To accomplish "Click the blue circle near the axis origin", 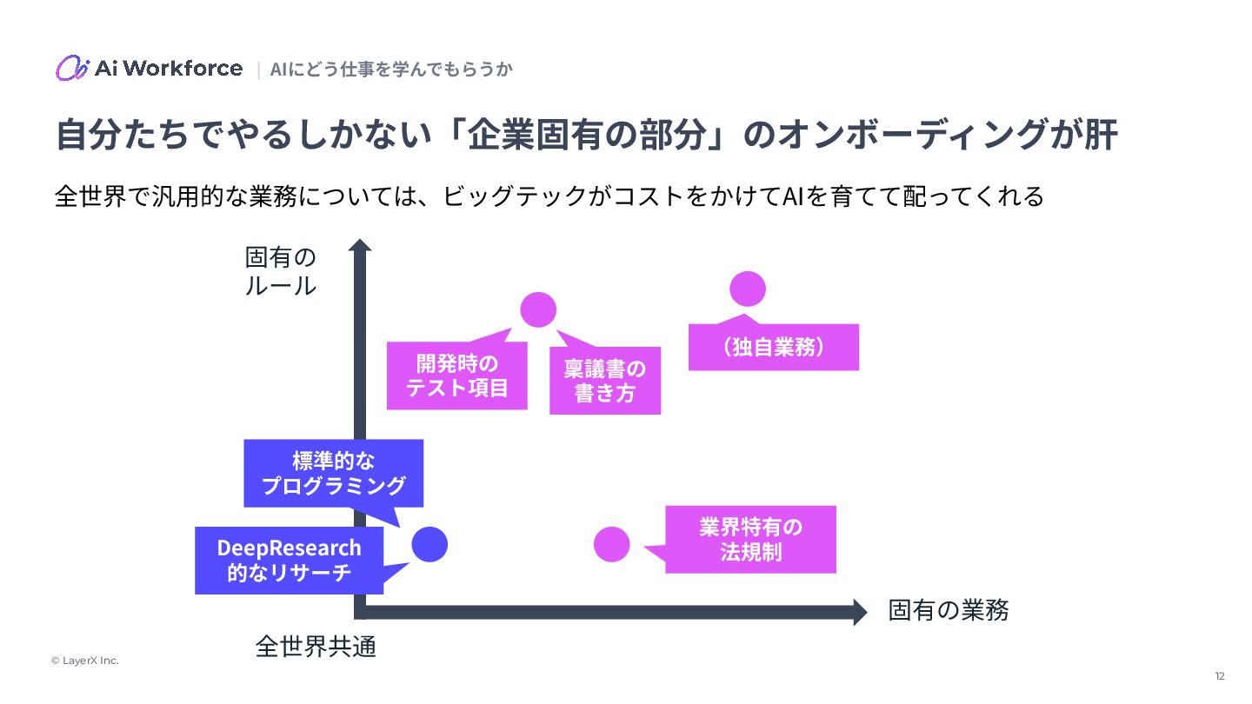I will (x=430, y=545).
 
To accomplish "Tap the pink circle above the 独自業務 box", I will (x=748, y=289).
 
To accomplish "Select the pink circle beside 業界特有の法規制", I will (x=612, y=545).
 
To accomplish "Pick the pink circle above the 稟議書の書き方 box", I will (x=538, y=310).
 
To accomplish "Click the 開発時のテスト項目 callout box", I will (x=457, y=375).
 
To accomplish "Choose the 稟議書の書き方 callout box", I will (x=605, y=381).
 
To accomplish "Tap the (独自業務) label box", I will (x=774, y=348).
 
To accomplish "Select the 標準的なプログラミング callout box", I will (x=334, y=473).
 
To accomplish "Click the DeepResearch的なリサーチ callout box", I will (x=290, y=561).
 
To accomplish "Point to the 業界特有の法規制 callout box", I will (x=750, y=539).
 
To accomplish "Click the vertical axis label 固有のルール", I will (x=280, y=271).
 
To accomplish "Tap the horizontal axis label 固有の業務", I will (x=949, y=610).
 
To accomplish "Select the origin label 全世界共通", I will (x=316, y=647).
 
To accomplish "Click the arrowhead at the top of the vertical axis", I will (x=360, y=247).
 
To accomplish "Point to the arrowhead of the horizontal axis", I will (x=859, y=612).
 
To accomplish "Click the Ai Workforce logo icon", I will (x=72, y=68).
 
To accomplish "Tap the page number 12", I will (x=1220, y=676).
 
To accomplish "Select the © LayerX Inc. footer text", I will (x=84, y=661).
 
